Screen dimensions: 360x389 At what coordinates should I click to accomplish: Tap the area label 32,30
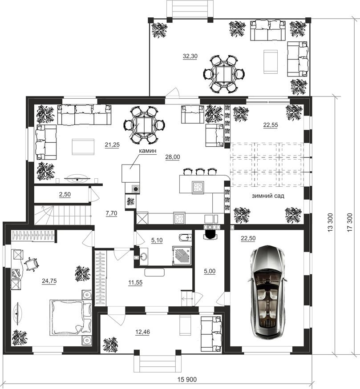pyautogui.click(x=190, y=56)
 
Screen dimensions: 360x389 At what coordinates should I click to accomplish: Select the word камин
pyautogui.click(x=147, y=151)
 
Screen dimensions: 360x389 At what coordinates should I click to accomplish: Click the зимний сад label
pyautogui.click(x=268, y=196)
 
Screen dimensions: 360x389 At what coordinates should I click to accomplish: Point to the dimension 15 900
pyautogui.click(x=187, y=379)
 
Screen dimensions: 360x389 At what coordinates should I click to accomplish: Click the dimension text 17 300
pyautogui.click(x=350, y=222)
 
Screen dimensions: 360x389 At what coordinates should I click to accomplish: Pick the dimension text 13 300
pyautogui.click(x=330, y=222)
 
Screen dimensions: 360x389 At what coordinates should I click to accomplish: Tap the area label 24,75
pyautogui.click(x=49, y=281)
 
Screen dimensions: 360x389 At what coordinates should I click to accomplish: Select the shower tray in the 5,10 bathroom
pyautogui.click(x=182, y=256)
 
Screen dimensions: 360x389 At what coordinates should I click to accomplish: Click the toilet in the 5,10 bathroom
pyautogui.click(x=185, y=238)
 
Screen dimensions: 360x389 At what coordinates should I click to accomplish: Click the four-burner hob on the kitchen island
pyautogui.click(x=198, y=187)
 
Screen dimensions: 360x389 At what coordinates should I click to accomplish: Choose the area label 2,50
pyautogui.click(x=65, y=194)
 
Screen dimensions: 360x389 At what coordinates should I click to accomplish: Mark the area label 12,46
pyautogui.click(x=143, y=332)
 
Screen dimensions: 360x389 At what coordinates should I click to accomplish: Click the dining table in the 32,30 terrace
pyautogui.click(x=224, y=74)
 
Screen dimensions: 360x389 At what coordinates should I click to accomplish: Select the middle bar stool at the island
pyautogui.click(x=200, y=172)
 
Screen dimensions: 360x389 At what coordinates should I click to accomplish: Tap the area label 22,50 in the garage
pyautogui.click(x=248, y=238)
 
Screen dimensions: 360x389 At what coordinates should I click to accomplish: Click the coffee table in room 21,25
pyautogui.click(x=83, y=147)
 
